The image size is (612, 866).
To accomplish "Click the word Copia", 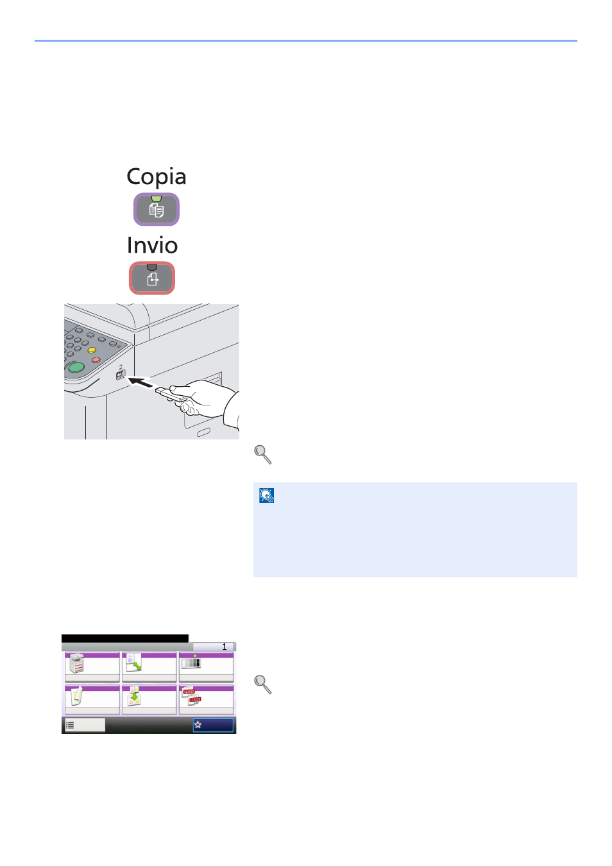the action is click(x=156, y=177).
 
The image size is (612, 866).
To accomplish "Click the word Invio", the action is click(x=152, y=245).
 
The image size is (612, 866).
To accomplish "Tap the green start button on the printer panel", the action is click(x=76, y=368).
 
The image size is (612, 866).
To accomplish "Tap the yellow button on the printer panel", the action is click(x=92, y=350).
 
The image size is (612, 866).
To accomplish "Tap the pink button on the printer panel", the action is click(x=96, y=360).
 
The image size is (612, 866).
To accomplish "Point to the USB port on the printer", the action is click(x=120, y=375).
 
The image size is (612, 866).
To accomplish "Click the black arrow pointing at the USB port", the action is click(x=140, y=383).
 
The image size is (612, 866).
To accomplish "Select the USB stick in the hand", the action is click(x=171, y=395).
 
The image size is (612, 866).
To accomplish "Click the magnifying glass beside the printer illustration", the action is click(x=262, y=454).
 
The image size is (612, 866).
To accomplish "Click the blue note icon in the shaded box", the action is click(x=266, y=495).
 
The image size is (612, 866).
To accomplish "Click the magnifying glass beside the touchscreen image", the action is click(x=262, y=684).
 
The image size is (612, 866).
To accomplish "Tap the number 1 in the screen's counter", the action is click(x=225, y=647).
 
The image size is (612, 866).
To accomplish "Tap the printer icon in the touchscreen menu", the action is click(x=76, y=663).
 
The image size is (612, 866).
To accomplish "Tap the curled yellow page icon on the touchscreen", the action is click(x=76, y=696).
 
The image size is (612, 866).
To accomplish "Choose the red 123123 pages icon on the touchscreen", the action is click(x=191, y=696).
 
